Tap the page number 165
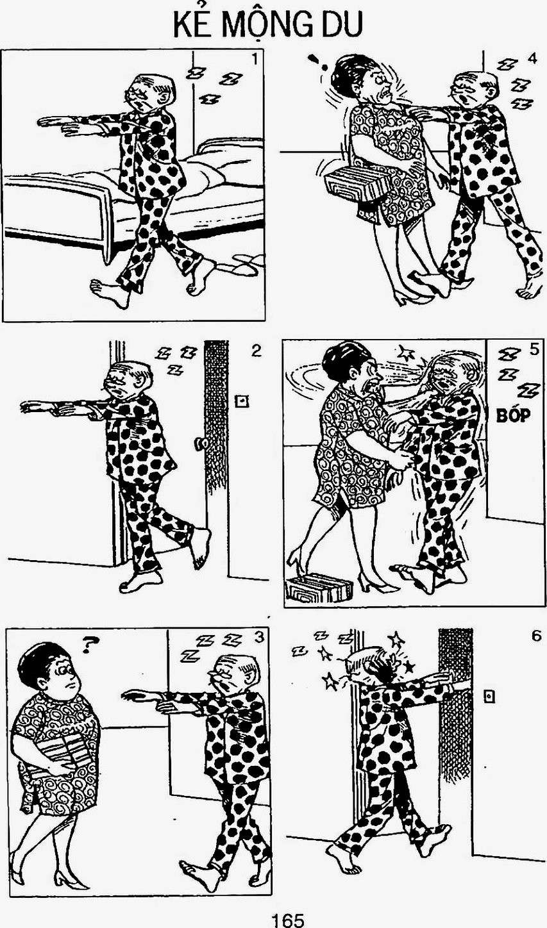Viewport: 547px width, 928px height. tap(287, 920)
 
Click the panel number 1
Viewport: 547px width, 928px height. tap(255, 60)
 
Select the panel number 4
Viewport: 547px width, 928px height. tap(532, 59)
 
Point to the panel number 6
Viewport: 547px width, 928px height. tap(536, 636)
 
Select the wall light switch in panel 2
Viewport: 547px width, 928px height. tap(241, 401)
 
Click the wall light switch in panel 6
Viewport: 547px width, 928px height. tap(489, 697)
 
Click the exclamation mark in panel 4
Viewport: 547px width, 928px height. tap(317, 62)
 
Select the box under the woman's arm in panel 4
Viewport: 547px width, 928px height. tap(357, 182)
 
